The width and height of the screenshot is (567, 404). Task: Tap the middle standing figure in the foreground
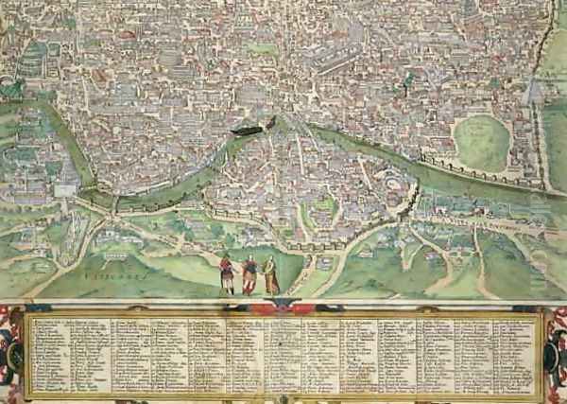pyautogui.click(x=249, y=275)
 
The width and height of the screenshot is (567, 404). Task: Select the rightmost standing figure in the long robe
pyautogui.click(x=270, y=275)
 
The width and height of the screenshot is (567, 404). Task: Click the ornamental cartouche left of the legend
pyautogui.click(x=11, y=355)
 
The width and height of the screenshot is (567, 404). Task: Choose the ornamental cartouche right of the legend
pyautogui.click(x=556, y=355)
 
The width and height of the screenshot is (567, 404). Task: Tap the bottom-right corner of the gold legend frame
pyautogui.click(x=542, y=397)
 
